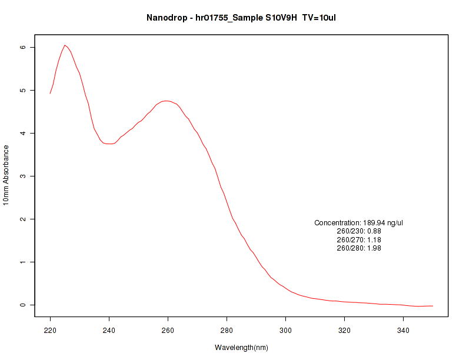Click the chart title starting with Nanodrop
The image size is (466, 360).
coord(241,18)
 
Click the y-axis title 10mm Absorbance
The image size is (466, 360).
coord(6,175)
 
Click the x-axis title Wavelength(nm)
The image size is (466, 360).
coord(241,348)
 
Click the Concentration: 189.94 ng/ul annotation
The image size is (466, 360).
coord(359,223)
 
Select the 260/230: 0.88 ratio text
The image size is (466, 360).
coord(359,231)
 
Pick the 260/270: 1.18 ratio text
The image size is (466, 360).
coord(359,240)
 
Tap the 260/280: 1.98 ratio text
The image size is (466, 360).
coord(359,248)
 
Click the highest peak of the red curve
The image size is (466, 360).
coord(65,45)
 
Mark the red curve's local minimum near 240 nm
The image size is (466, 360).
coord(109,144)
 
